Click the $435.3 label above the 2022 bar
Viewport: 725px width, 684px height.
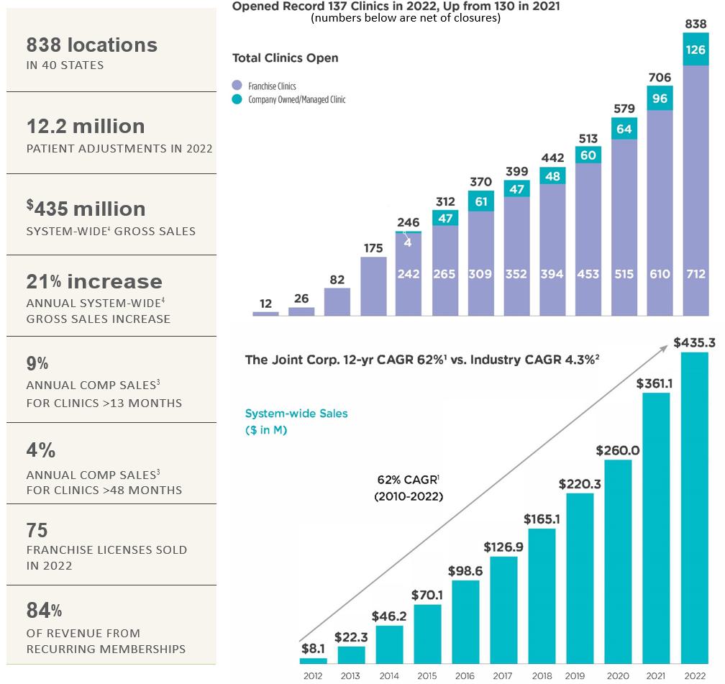[x=694, y=343]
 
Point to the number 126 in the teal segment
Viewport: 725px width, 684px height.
[x=696, y=50]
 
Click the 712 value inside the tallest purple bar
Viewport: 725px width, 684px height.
[x=696, y=274]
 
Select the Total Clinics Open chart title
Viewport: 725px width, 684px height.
[x=286, y=58]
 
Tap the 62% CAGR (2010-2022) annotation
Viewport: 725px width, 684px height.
[x=409, y=487]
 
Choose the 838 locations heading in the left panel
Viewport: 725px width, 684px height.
[x=91, y=45]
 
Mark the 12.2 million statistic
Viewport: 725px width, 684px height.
[x=86, y=127]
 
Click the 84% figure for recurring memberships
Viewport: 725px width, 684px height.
[x=44, y=611]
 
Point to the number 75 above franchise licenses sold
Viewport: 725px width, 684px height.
[x=37, y=530]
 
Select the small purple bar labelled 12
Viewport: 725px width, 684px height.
[x=265, y=314]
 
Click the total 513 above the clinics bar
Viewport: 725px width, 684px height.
[x=588, y=139]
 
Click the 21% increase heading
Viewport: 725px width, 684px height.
[x=94, y=282]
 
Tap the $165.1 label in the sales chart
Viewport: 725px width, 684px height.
[x=542, y=519]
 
